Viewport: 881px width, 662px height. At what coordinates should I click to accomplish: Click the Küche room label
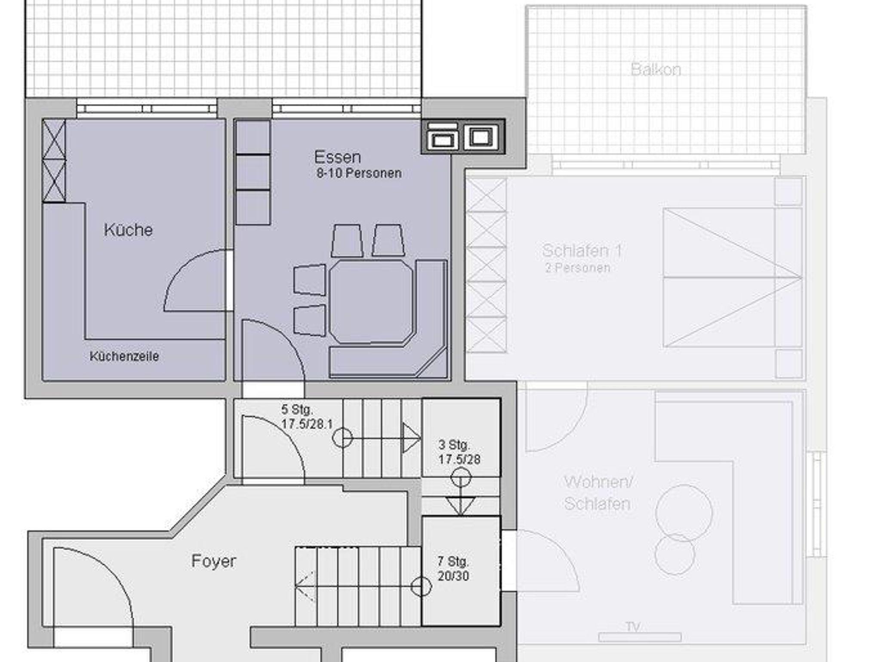(x=128, y=230)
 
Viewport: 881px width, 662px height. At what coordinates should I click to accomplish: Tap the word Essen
(x=337, y=157)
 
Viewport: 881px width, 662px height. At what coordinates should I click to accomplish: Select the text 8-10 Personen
(x=359, y=173)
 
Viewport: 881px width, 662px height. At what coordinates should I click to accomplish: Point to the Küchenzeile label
(x=124, y=356)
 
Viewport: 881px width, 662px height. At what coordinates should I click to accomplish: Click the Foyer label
(x=214, y=561)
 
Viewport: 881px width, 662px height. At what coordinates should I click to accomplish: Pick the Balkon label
(x=656, y=69)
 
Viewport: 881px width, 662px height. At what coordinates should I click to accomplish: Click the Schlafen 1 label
(x=582, y=251)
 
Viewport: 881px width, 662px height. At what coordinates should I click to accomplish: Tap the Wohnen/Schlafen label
(x=598, y=493)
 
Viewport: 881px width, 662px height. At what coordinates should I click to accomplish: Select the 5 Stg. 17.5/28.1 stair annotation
(x=307, y=417)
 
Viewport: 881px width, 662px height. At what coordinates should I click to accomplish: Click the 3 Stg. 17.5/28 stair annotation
(x=459, y=452)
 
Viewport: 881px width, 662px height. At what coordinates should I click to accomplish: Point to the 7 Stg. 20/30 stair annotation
(x=453, y=569)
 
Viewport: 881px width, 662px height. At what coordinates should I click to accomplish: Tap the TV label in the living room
(x=633, y=627)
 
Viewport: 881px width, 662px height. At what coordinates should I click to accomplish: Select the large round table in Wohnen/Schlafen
(x=684, y=513)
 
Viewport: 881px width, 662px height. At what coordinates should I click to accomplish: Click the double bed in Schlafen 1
(x=733, y=278)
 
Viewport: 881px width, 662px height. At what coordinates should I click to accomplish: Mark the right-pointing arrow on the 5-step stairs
(x=411, y=438)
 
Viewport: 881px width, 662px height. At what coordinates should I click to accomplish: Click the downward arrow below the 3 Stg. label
(x=460, y=506)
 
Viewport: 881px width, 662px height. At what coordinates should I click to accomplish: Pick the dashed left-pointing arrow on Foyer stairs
(x=305, y=585)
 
